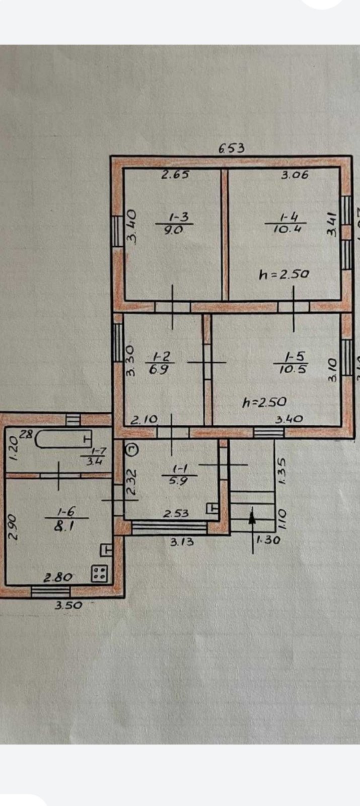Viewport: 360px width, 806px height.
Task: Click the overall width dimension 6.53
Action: pyautogui.click(x=231, y=149)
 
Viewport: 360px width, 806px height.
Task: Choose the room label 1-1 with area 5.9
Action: pyautogui.click(x=177, y=475)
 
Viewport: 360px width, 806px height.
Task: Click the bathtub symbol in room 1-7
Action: pyautogui.click(x=63, y=439)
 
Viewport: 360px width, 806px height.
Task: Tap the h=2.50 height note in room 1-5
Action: pyautogui.click(x=264, y=402)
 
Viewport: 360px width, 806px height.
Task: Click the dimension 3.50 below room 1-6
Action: pyautogui.click(x=68, y=605)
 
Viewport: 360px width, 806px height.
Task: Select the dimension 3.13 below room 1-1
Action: pyautogui.click(x=181, y=542)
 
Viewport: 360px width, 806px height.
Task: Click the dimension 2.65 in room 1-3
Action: pyautogui.click(x=175, y=175)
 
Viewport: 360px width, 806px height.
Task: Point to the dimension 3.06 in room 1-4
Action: pyautogui.click(x=295, y=175)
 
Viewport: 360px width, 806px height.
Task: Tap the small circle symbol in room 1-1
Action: pyautogui.click(x=130, y=448)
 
